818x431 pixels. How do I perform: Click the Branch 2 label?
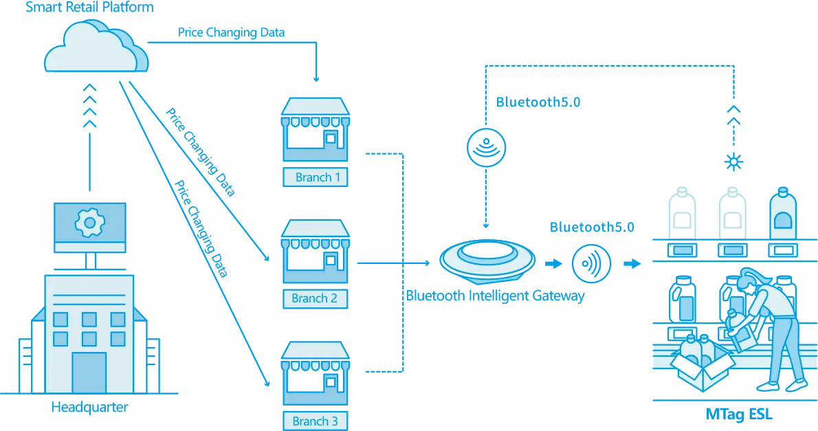coord(314,298)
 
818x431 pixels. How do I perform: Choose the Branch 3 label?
coord(315,421)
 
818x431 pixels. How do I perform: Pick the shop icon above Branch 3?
coord(316,375)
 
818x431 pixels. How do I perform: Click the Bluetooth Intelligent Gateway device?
coord(487,261)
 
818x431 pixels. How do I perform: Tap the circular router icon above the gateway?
coord(487,146)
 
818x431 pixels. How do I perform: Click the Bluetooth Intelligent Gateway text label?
coord(495,297)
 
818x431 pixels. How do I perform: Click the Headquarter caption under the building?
coord(89,407)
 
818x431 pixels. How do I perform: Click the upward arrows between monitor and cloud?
coord(89,107)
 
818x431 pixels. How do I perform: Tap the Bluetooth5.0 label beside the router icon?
coord(538,102)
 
